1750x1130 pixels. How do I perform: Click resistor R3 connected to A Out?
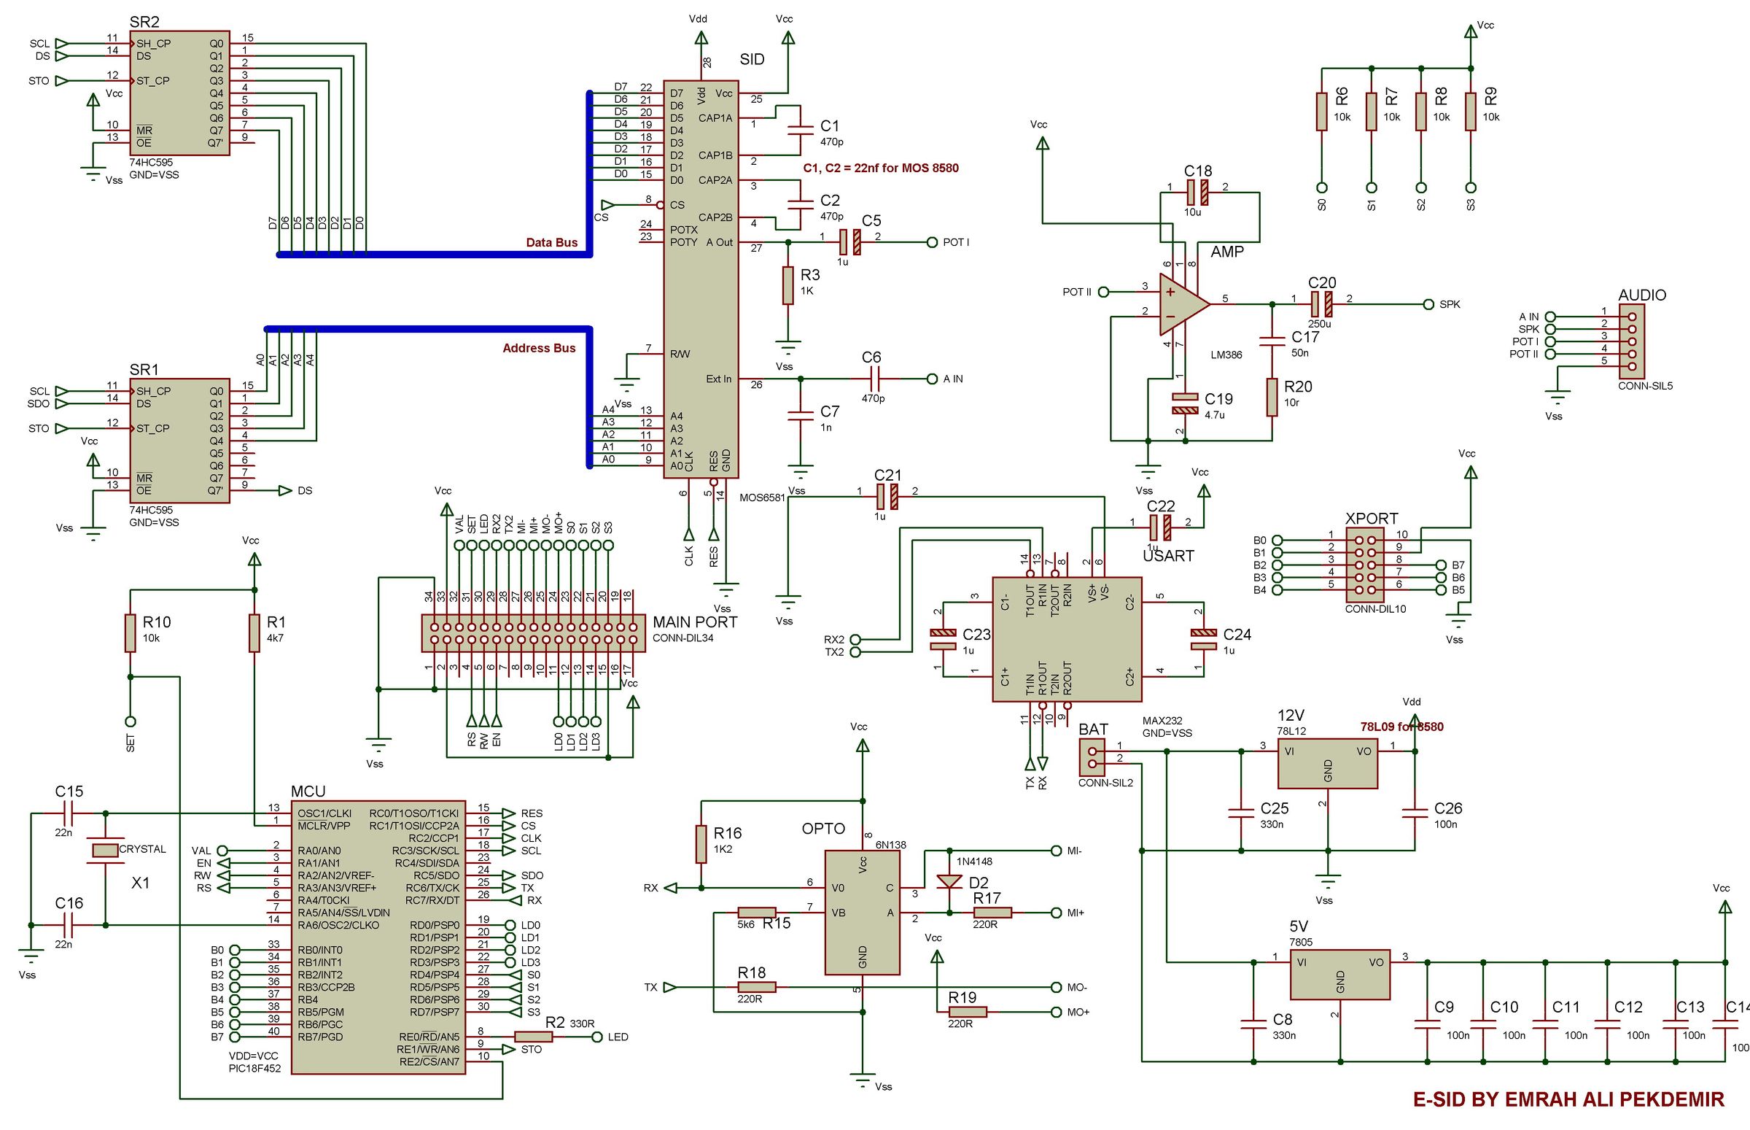[x=787, y=285]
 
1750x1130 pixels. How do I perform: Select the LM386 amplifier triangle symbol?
[x=1181, y=303]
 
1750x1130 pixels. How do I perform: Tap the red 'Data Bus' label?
[x=551, y=242]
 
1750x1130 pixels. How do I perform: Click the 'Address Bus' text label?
[x=538, y=348]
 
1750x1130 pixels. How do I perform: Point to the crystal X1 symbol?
[x=106, y=851]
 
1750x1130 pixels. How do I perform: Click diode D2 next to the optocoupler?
[x=950, y=881]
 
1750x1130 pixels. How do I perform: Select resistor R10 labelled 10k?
[x=131, y=632]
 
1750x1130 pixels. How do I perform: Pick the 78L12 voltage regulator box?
[x=1328, y=763]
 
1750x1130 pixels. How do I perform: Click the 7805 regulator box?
[x=1340, y=974]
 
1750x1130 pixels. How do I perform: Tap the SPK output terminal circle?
[x=1428, y=303]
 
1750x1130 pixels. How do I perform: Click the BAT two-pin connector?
[x=1092, y=757]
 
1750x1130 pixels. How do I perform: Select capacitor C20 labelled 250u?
[x=1322, y=303]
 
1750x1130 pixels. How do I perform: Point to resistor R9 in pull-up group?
[x=1470, y=112]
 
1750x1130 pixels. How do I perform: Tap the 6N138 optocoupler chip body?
[x=862, y=912]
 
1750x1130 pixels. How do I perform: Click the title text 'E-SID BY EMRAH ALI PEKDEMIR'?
[x=1568, y=1099]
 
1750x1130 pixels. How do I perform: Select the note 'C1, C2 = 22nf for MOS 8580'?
[x=880, y=168]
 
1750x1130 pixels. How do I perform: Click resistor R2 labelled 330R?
[x=533, y=1037]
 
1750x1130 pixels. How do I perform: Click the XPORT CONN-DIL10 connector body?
[x=1364, y=565]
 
